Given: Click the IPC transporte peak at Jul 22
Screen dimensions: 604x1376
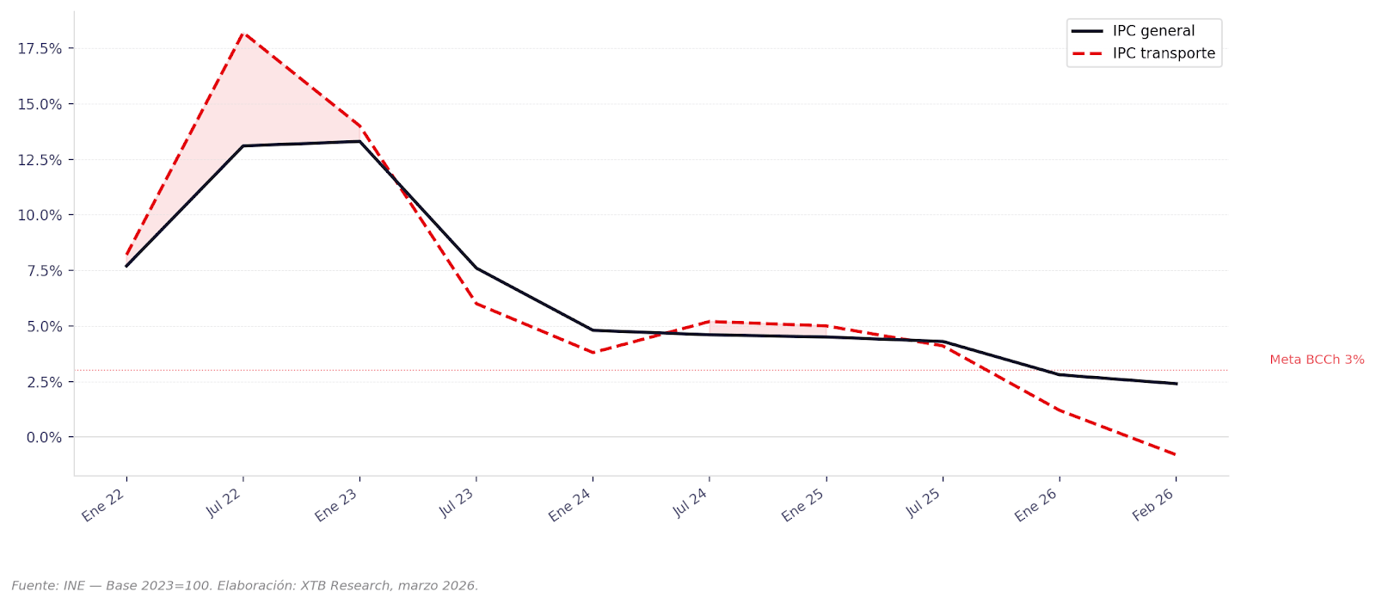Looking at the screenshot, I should [243, 33].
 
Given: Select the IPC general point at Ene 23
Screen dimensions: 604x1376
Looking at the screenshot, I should [359, 141].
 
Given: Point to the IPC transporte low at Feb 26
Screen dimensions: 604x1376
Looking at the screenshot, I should [1176, 455].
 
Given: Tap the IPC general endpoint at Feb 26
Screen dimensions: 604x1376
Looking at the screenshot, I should [1176, 384].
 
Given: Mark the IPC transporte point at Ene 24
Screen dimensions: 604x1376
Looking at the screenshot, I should [593, 353].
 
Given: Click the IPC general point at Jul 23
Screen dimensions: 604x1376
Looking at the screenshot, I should [476, 268].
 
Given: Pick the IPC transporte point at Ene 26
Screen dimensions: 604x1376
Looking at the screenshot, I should [1059, 410].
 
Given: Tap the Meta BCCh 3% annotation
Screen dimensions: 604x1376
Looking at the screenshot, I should [1317, 360].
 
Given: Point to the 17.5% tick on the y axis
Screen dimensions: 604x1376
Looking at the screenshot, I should [40, 49].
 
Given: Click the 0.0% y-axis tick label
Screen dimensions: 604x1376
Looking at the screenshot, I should [45, 438].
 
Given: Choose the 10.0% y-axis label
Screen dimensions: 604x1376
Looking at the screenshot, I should [40, 215].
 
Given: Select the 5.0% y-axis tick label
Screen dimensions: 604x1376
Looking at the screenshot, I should [45, 327].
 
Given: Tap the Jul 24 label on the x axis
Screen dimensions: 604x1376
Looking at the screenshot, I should [690, 502].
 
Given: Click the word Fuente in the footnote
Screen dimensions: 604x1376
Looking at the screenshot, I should [34, 586].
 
